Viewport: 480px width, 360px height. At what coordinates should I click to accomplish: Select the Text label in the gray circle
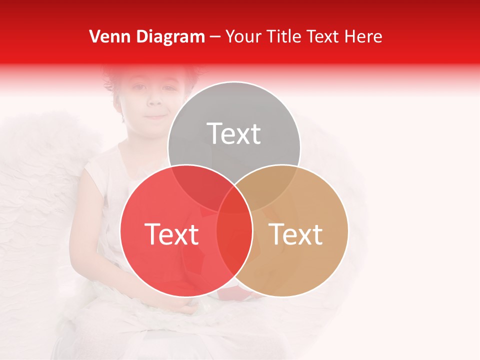click(234, 133)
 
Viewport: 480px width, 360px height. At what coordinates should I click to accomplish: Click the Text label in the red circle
click(171, 234)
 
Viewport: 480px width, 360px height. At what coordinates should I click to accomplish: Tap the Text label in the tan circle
click(296, 234)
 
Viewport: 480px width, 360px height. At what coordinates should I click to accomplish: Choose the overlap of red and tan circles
click(234, 250)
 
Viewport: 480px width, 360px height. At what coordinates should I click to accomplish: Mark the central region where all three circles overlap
click(234, 200)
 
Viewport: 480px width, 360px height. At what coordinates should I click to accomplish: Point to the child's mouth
click(156, 116)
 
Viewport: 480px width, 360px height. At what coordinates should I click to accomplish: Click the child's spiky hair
click(125, 75)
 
